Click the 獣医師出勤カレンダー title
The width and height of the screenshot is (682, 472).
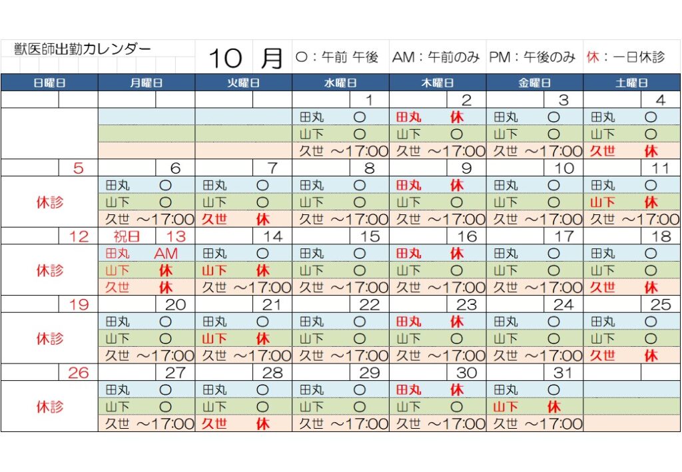(x=83, y=49)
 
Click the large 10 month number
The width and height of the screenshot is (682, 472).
(x=225, y=58)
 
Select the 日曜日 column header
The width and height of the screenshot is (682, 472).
(x=50, y=83)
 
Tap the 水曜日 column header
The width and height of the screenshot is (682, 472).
(x=340, y=83)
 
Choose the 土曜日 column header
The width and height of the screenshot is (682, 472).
(x=632, y=83)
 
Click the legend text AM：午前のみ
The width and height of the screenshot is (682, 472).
(x=436, y=57)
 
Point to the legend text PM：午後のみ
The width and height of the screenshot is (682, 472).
(x=532, y=57)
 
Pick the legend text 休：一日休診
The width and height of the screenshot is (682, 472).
(x=625, y=57)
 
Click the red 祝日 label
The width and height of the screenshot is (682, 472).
(x=127, y=236)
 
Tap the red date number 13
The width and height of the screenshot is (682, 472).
(x=175, y=236)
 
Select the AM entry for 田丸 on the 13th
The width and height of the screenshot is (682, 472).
(x=166, y=254)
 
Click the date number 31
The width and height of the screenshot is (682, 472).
(x=563, y=373)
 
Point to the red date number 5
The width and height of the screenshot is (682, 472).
(x=79, y=168)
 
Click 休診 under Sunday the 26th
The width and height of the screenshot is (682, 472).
(x=50, y=406)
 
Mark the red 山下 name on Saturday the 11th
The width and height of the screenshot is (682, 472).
(x=603, y=202)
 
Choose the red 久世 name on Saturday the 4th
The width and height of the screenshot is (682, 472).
(x=603, y=151)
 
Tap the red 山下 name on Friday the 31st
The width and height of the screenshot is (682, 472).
(x=506, y=406)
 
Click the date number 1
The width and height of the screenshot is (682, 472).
(x=368, y=101)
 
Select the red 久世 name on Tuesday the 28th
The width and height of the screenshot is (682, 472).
(x=214, y=423)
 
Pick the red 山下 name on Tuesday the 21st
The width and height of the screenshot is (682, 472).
(x=214, y=339)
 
